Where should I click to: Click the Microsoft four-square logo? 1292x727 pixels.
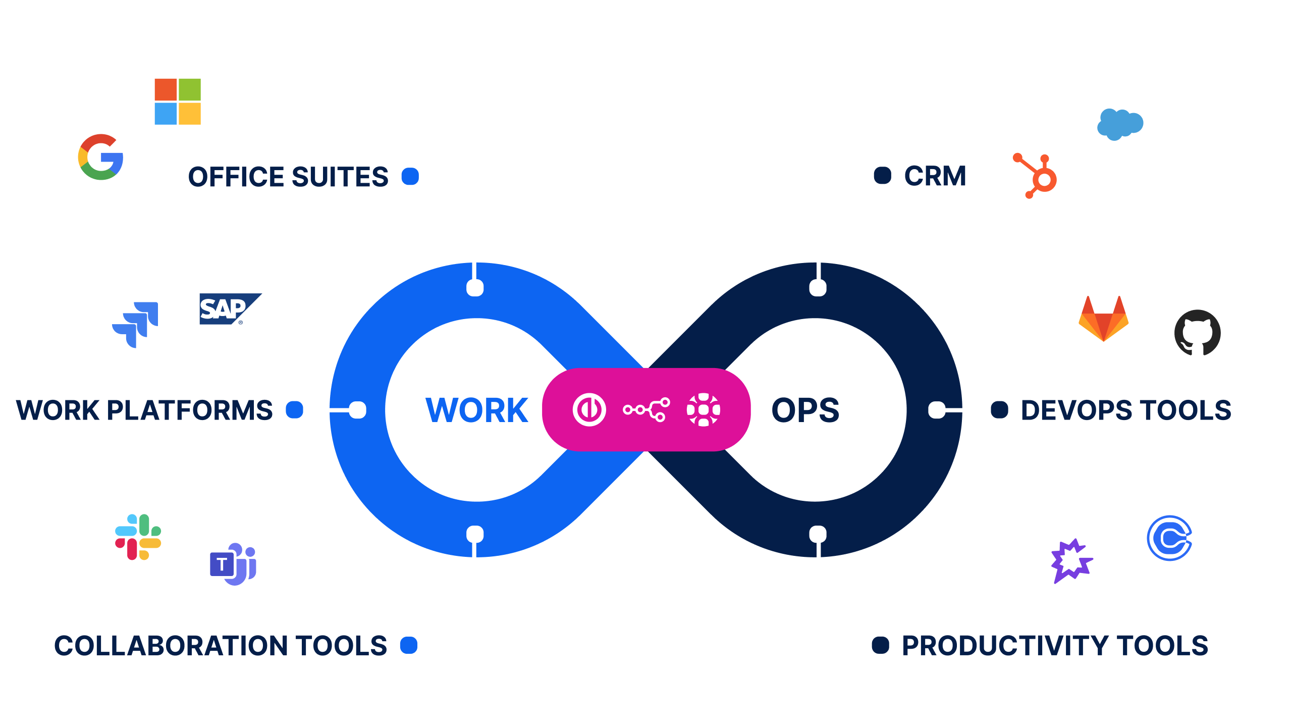tap(178, 101)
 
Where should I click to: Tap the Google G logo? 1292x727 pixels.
tap(101, 157)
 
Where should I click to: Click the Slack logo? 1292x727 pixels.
tap(138, 537)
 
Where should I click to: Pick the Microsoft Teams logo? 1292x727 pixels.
tap(233, 564)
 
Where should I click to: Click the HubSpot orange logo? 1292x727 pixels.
tap(1036, 176)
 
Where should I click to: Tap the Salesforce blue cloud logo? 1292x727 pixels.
tap(1120, 124)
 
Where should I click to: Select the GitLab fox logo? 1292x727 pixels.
tap(1103, 319)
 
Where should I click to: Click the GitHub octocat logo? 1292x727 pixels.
tap(1197, 333)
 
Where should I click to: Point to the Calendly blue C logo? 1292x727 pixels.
tap(1169, 538)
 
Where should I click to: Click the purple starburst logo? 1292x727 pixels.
tap(1071, 561)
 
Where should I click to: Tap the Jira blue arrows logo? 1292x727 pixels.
tap(135, 324)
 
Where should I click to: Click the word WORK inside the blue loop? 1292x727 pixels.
tap(477, 409)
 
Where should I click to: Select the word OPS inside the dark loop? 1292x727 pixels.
tap(805, 410)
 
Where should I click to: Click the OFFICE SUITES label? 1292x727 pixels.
tap(288, 177)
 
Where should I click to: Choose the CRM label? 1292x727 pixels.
tap(935, 176)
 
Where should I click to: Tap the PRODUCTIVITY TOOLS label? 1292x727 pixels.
tap(1055, 646)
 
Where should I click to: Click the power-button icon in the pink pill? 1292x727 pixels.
tap(589, 409)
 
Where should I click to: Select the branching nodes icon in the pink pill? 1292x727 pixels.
tap(647, 409)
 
